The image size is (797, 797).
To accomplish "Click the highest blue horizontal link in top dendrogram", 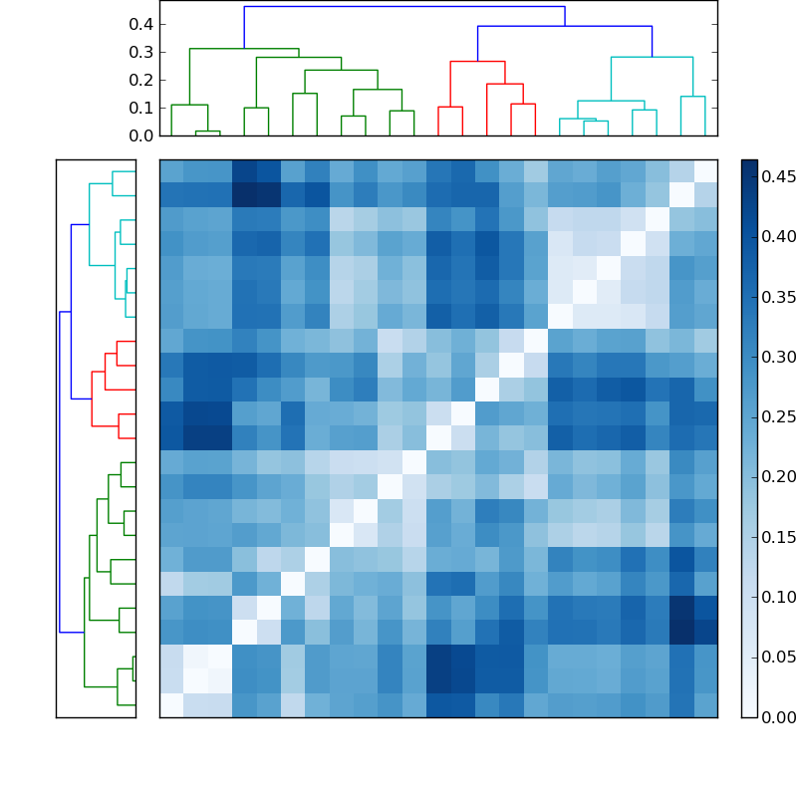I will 403,7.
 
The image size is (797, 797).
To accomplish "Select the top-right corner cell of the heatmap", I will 705,171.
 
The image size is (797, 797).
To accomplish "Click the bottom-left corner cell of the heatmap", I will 171,705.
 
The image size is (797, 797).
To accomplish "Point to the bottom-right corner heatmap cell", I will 705,705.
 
